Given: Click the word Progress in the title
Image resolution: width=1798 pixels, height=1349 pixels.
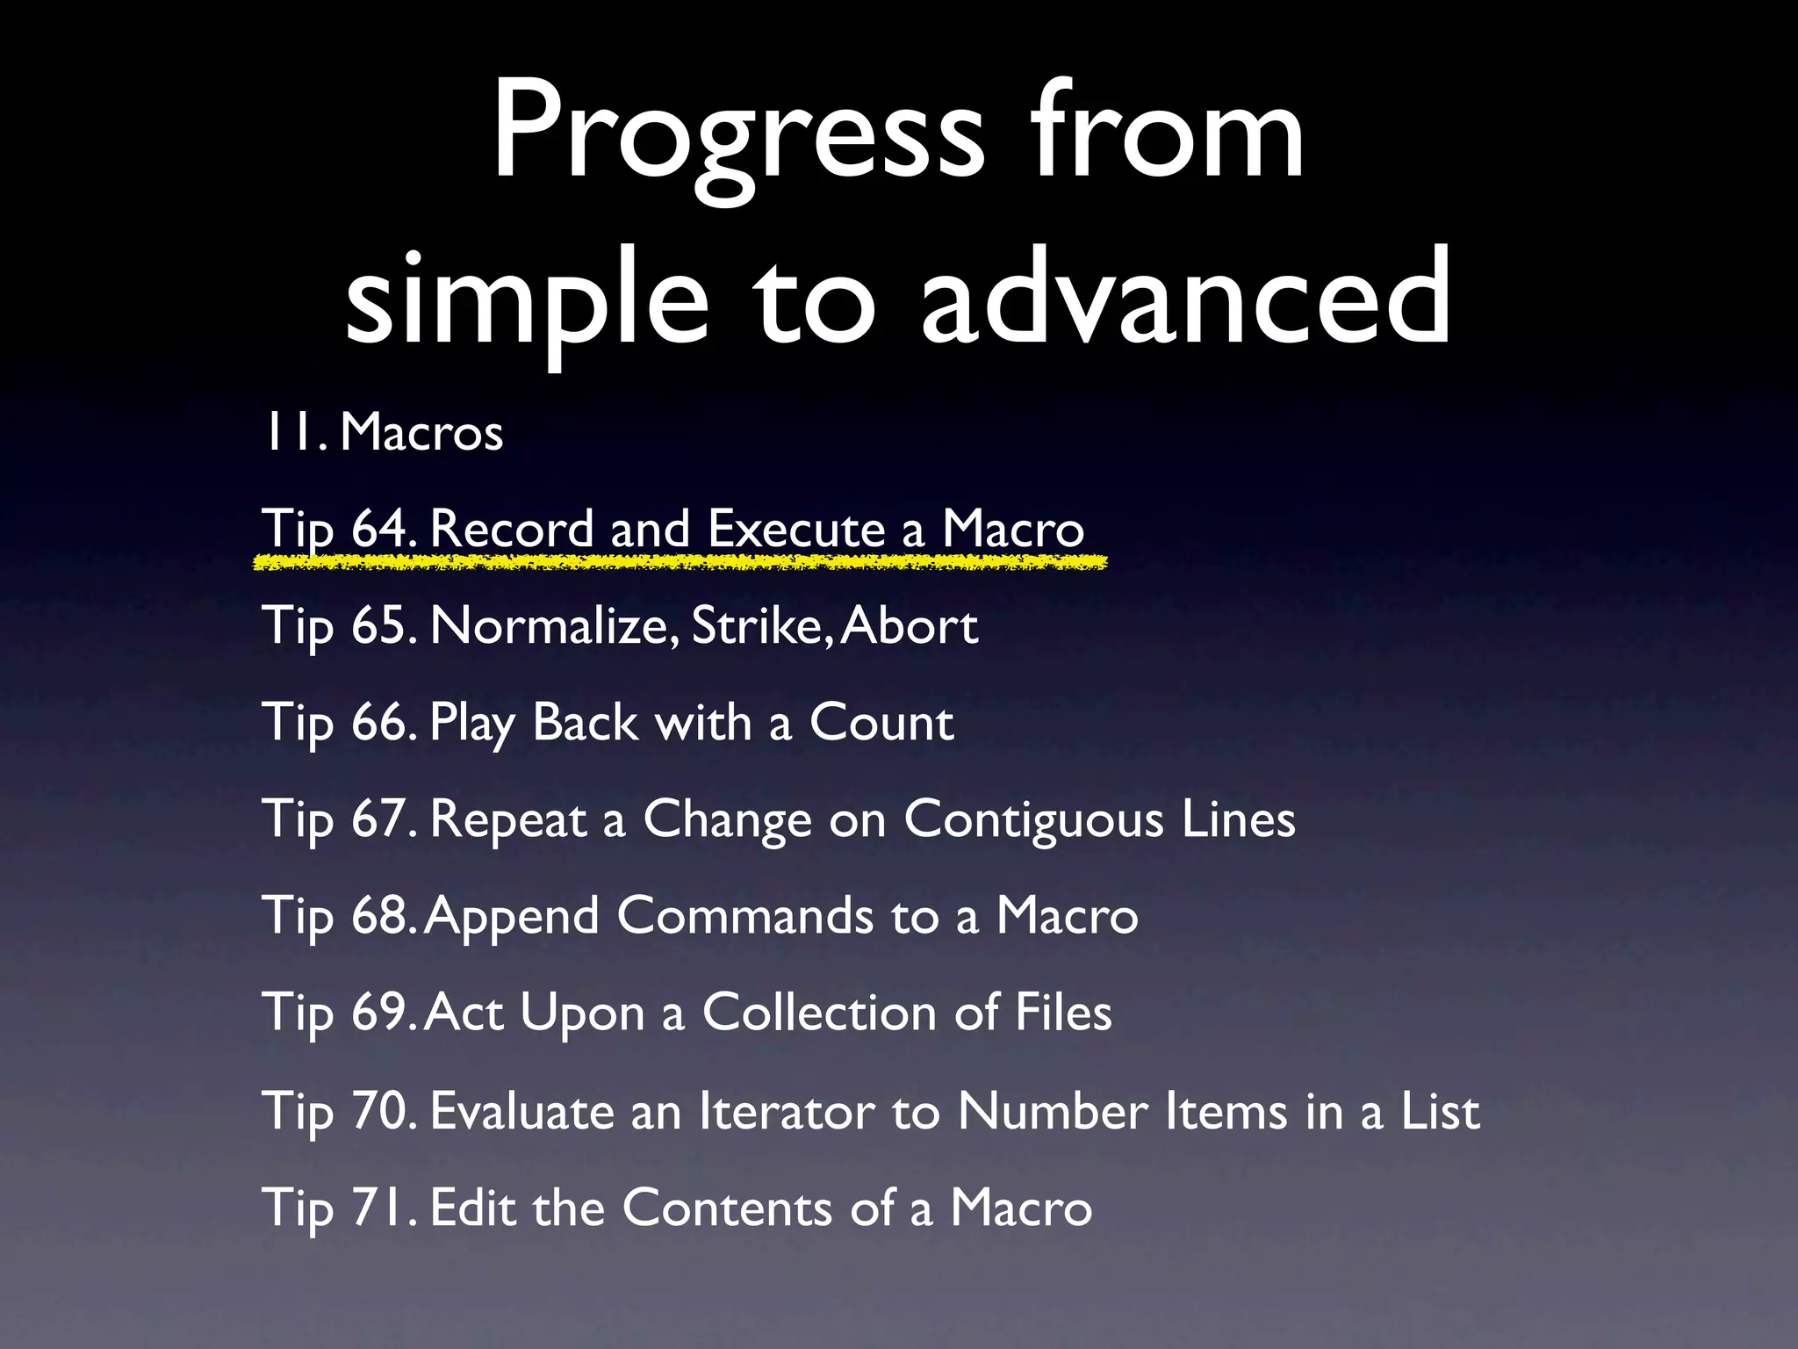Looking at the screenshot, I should pyautogui.click(x=738, y=132).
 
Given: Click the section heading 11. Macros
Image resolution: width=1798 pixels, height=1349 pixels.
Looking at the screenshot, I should pyautogui.click(x=383, y=432).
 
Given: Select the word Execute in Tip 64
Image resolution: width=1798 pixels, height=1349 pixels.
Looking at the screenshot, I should pyautogui.click(x=797, y=529).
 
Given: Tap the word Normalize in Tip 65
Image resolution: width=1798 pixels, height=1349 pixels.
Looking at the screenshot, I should pyautogui.click(x=554, y=626).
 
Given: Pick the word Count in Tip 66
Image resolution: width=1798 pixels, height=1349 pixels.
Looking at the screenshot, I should pyautogui.click(x=881, y=723).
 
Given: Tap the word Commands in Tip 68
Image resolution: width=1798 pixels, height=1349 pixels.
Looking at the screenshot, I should pyautogui.click(x=745, y=916).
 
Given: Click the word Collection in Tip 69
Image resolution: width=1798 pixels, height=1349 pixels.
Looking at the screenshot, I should pyautogui.click(x=819, y=1013).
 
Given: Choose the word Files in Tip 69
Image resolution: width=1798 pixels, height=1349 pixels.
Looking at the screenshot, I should pyautogui.click(x=1063, y=1013).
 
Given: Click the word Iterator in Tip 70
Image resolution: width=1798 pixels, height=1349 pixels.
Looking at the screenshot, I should pyautogui.click(x=786, y=1111).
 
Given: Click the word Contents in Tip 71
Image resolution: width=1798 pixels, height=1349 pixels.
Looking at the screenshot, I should pyautogui.click(x=727, y=1208).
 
